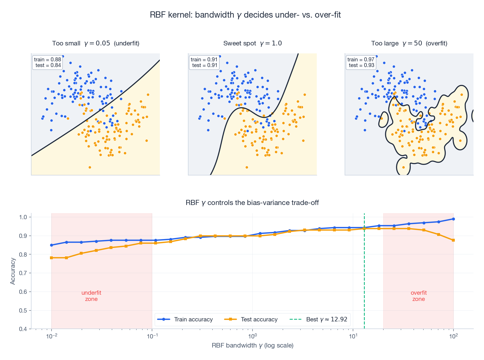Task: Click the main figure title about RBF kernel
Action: (245, 15)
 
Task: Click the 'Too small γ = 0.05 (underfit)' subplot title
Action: (96, 43)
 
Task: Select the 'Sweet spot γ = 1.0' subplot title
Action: (252, 43)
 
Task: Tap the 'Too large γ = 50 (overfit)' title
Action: (409, 43)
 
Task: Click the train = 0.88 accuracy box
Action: (47, 62)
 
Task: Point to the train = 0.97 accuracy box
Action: (361, 62)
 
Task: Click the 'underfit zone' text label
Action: (91, 296)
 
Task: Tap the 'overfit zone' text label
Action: (418, 296)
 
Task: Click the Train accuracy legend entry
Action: (185, 319)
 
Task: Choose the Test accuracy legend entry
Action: (251, 319)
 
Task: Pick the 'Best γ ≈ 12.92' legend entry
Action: (319, 319)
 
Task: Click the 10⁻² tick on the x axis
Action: (51, 337)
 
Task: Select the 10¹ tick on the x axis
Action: (353, 337)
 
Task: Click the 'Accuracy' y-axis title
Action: (12, 271)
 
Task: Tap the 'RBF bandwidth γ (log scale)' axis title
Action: (252, 346)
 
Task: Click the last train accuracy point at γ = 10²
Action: (453, 219)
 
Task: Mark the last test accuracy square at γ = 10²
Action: (453, 240)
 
